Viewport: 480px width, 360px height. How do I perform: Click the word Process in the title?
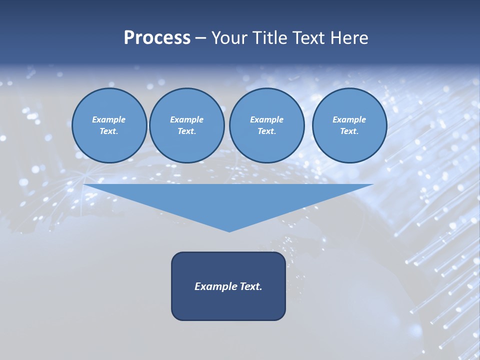pyautogui.click(x=157, y=38)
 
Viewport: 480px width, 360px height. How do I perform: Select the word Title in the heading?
pyautogui.click(x=269, y=38)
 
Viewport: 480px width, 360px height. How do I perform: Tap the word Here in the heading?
pyautogui.click(x=348, y=38)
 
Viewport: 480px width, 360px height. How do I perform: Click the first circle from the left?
pyautogui.click(x=109, y=125)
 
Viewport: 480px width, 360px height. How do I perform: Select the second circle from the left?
pyautogui.click(x=186, y=125)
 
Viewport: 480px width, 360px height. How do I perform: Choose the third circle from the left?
pyautogui.click(x=266, y=125)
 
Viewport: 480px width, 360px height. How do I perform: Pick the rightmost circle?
pyautogui.click(x=349, y=125)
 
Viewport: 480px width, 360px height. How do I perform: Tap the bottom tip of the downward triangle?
pyautogui.click(x=229, y=230)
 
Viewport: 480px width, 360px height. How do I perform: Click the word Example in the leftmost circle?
pyautogui.click(x=109, y=119)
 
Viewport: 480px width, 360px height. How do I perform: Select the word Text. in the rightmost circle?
pyautogui.click(x=349, y=131)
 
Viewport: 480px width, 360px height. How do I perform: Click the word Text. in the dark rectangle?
pyautogui.click(x=251, y=286)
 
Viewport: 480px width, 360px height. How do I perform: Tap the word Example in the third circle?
pyautogui.click(x=266, y=119)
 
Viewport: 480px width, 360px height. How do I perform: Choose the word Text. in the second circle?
pyautogui.click(x=186, y=131)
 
